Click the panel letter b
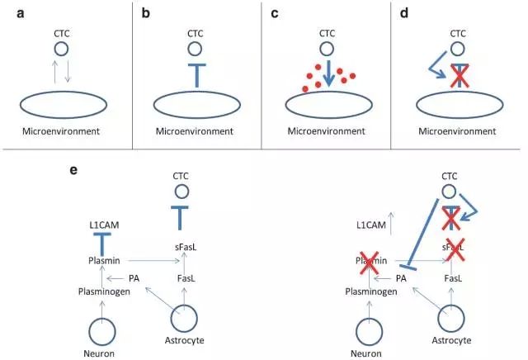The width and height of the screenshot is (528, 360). pyautogui.click(x=147, y=12)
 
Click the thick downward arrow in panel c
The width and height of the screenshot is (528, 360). pyautogui.click(x=324, y=73)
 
